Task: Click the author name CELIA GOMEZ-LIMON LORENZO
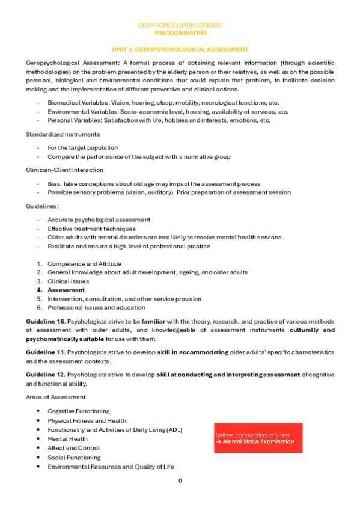(x=180, y=25)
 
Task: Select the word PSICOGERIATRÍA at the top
(x=180, y=34)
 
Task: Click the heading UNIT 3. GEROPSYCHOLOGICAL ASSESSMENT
(x=180, y=49)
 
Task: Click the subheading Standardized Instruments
(x=63, y=134)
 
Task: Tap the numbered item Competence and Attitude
(x=84, y=263)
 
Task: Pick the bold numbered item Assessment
(x=66, y=290)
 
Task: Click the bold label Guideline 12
(x=45, y=375)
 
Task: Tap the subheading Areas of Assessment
(x=55, y=397)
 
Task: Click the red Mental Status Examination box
(x=258, y=438)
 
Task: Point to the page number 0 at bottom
(x=180, y=481)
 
